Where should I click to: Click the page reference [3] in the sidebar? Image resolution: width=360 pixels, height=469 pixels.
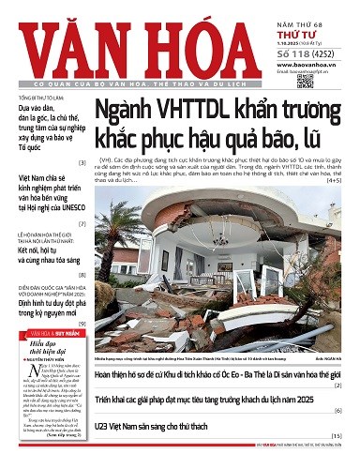(x=82, y=162)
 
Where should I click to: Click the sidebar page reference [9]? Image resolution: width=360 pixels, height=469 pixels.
(x=82, y=323)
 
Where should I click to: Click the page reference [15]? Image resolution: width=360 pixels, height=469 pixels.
(x=336, y=437)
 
